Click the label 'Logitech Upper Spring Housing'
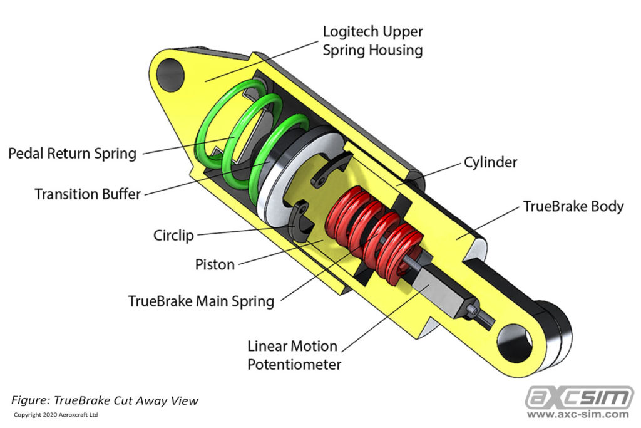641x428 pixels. (x=372, y=41)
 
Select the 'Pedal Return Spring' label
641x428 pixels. (x=72, y=153)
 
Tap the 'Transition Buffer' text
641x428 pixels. (x=88, y=194)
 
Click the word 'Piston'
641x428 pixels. (x=215, y=264)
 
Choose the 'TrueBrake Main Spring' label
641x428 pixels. (x=201, y=301)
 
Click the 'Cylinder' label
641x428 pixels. (x=490, y=162)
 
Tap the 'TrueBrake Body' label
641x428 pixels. (x=573, y=206)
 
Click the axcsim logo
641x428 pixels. (x=578, y=397)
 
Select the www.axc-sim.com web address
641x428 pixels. (x=578, y=414)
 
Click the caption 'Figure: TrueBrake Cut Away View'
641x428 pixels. (x=105, y=400)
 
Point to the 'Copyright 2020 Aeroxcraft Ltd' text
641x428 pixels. (x=56, y=415)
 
